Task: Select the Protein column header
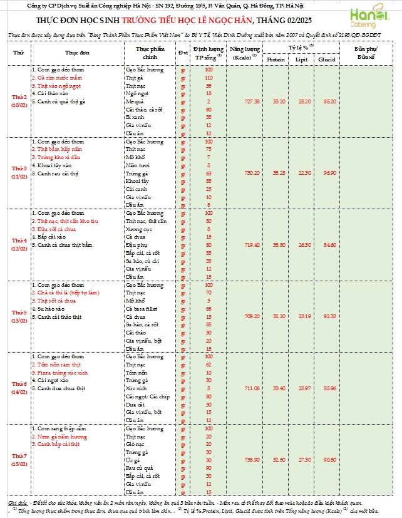click(x=276, y=59)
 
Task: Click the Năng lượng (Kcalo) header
click(x=244, y=53)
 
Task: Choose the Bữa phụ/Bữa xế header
click(x=366, y=53)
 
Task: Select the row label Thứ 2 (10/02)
click(x=20, y=101)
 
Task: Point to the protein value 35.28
click(x=276, y=172)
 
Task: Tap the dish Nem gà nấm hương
click(x=59, y=437)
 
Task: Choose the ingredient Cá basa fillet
click(x=143, y=309)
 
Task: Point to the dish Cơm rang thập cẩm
click(x=58, y=428)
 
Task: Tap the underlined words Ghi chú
click(x=17, y=502)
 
